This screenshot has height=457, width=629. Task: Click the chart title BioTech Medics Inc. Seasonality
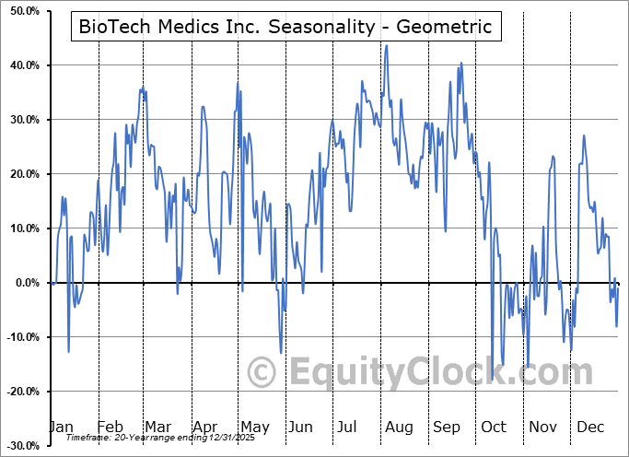(x=285, y=26)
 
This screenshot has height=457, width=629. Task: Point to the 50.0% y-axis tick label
(x=23, y=11)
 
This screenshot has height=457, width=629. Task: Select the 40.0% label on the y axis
(x=23, y=65)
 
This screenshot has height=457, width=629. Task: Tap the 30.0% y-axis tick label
(x=23, y=120)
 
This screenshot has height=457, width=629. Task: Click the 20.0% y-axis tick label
(x=23, y=174)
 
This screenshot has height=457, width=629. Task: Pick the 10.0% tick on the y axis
(x=23, y=228)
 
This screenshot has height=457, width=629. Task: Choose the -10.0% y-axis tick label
(x=21, y=337)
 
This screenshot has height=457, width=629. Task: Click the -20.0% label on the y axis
(x=21, y=392)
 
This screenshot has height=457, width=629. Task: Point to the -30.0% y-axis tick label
(x=21, y=446)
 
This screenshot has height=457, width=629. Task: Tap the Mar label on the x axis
(x=158, y=427)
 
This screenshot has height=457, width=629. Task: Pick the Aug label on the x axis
(x=399, y=427)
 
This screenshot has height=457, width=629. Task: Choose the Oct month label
(x=494, y=427)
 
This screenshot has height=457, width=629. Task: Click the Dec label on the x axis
(x=589, y=427)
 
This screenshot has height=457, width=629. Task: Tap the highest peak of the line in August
(x=386, y=44)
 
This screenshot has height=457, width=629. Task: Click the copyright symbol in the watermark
(x=262, y=372)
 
